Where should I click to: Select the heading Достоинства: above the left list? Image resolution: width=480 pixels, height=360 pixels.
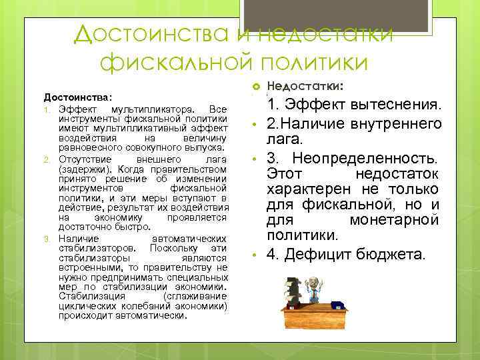click(77, 97)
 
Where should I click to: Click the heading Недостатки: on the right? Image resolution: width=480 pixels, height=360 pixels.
click(305, 86)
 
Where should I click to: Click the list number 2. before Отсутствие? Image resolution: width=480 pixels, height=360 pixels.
click(47, 159)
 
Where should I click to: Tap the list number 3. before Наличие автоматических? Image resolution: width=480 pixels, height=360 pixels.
click(47, 237)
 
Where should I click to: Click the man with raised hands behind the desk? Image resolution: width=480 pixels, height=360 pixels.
click(311, 289)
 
